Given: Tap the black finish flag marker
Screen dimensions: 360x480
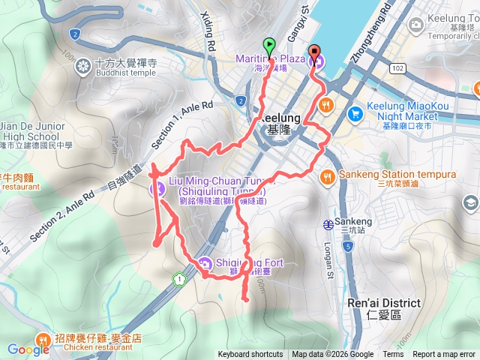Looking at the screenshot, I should (314, 45).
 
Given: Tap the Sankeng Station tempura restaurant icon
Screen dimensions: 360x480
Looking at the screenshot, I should (327, 176).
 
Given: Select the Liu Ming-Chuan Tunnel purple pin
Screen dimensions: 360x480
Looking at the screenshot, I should (158, 188).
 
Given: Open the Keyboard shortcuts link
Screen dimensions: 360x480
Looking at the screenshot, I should (250, 355).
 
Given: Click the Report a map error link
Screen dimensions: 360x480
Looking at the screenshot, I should (443, 355).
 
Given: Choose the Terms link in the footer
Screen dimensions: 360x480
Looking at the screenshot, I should (393, 355).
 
